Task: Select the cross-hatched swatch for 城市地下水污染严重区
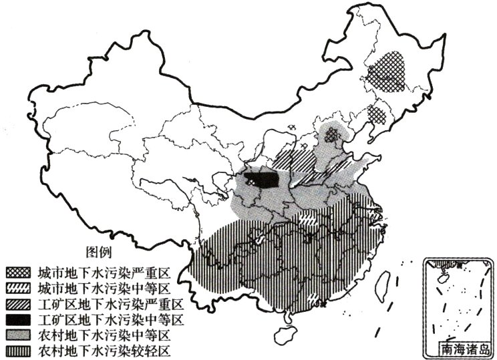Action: [x=16, y=273]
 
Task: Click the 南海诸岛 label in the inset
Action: [x=465, y=348]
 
